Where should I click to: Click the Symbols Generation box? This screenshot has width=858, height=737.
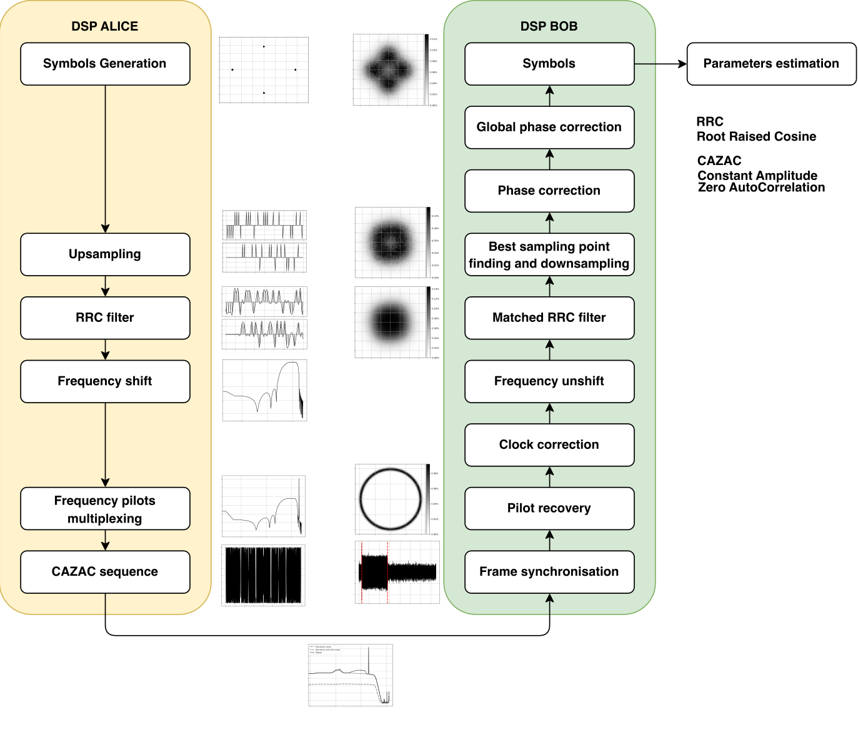[105, 64]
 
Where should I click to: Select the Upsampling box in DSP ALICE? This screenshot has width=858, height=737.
[105, 254]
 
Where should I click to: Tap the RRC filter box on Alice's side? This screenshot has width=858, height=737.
[105, 318]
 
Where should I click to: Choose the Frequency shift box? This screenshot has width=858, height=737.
[105, 381]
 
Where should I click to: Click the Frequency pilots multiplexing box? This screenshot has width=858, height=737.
[105, 509]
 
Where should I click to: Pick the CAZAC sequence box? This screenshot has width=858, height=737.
[105, 572]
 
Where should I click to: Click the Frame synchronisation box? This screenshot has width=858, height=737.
[549, 572]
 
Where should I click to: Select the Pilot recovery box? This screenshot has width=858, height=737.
[549, 508]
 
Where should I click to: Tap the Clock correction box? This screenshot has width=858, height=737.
[549, 445]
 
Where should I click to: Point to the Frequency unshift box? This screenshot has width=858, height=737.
[549, 381]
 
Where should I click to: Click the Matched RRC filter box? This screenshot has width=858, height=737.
[549, 318]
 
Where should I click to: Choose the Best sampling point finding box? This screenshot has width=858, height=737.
[549, 254]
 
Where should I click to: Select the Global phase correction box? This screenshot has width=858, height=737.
[549, 128]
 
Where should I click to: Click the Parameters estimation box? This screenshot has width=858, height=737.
[771, 64]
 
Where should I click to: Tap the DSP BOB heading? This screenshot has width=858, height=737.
[549, 26]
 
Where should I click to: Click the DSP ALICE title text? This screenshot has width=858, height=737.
[105, 26]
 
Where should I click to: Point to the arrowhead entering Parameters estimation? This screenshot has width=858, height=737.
[682, 64]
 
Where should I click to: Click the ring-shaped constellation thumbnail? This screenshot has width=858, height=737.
[391, 499]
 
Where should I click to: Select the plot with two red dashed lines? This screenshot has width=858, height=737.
[397, 573]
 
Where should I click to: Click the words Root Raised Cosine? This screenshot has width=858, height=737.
[756, 137]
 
